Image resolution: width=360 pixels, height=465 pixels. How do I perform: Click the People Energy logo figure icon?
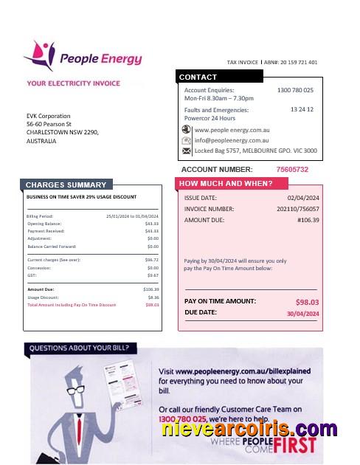[38, 54]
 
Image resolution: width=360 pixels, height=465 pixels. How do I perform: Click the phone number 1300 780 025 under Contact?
[295, 90]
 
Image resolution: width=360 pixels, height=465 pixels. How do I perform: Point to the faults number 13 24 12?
[302, 109]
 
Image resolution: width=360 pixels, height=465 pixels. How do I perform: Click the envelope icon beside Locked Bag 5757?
[187, 151]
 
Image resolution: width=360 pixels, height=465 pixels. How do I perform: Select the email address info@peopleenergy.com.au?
[232, 140]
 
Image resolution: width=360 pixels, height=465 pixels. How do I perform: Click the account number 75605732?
[292, 170]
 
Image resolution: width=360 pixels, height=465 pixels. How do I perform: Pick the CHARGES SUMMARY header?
[66, 185]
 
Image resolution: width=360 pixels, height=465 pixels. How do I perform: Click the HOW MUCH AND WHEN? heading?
[226, 183]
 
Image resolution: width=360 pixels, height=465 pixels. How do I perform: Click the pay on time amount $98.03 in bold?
[307, 302]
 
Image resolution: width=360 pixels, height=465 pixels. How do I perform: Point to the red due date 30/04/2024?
[302, 314]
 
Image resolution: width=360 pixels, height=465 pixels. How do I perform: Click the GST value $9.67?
[153, 275]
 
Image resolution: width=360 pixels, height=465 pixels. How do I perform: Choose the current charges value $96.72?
[152, 261]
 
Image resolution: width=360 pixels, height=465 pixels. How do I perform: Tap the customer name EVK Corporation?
[49, 116]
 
